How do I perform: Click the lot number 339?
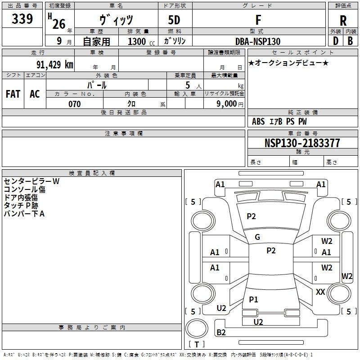[22, 19]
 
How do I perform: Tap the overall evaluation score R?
[343, 21]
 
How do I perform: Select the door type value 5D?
[175, 20]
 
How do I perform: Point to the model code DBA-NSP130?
[258, 41]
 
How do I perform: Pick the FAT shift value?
[13, 94]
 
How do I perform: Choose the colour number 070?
[74, 104]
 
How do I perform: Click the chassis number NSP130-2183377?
[302, 143]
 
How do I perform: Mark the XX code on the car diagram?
[320, 292]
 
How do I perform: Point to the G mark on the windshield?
[257, 237]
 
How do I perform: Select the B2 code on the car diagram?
[221, 333]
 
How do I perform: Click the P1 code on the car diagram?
[254, 299]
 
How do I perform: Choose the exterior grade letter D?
[335, 41]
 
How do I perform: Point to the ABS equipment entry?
[258, 121]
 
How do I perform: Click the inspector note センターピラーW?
[31, 181]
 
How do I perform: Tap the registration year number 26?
[58, 23]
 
